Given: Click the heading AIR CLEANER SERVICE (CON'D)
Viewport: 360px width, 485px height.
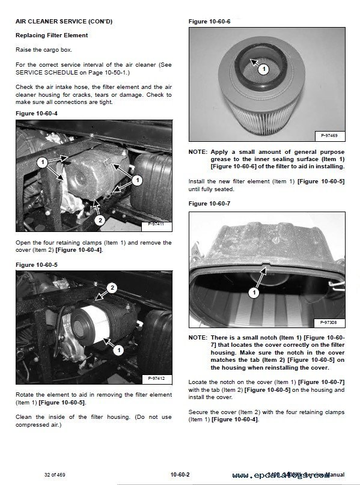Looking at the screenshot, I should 63,22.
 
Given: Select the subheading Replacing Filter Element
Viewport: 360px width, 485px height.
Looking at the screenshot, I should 52,35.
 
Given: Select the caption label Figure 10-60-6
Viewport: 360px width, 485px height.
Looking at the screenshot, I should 209,22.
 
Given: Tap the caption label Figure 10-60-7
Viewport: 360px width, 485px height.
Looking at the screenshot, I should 209,204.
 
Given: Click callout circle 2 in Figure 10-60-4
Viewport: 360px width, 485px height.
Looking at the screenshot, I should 100,220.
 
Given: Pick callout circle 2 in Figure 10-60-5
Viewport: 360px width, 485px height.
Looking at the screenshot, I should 111,288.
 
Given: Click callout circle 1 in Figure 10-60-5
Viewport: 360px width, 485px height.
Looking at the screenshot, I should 119,349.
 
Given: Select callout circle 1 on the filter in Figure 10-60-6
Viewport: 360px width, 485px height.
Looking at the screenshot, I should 263,69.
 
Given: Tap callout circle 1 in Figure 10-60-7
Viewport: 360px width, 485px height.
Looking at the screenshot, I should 253,293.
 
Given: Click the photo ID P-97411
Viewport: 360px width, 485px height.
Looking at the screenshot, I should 157,225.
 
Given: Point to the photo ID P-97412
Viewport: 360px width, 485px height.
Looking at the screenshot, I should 157,378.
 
